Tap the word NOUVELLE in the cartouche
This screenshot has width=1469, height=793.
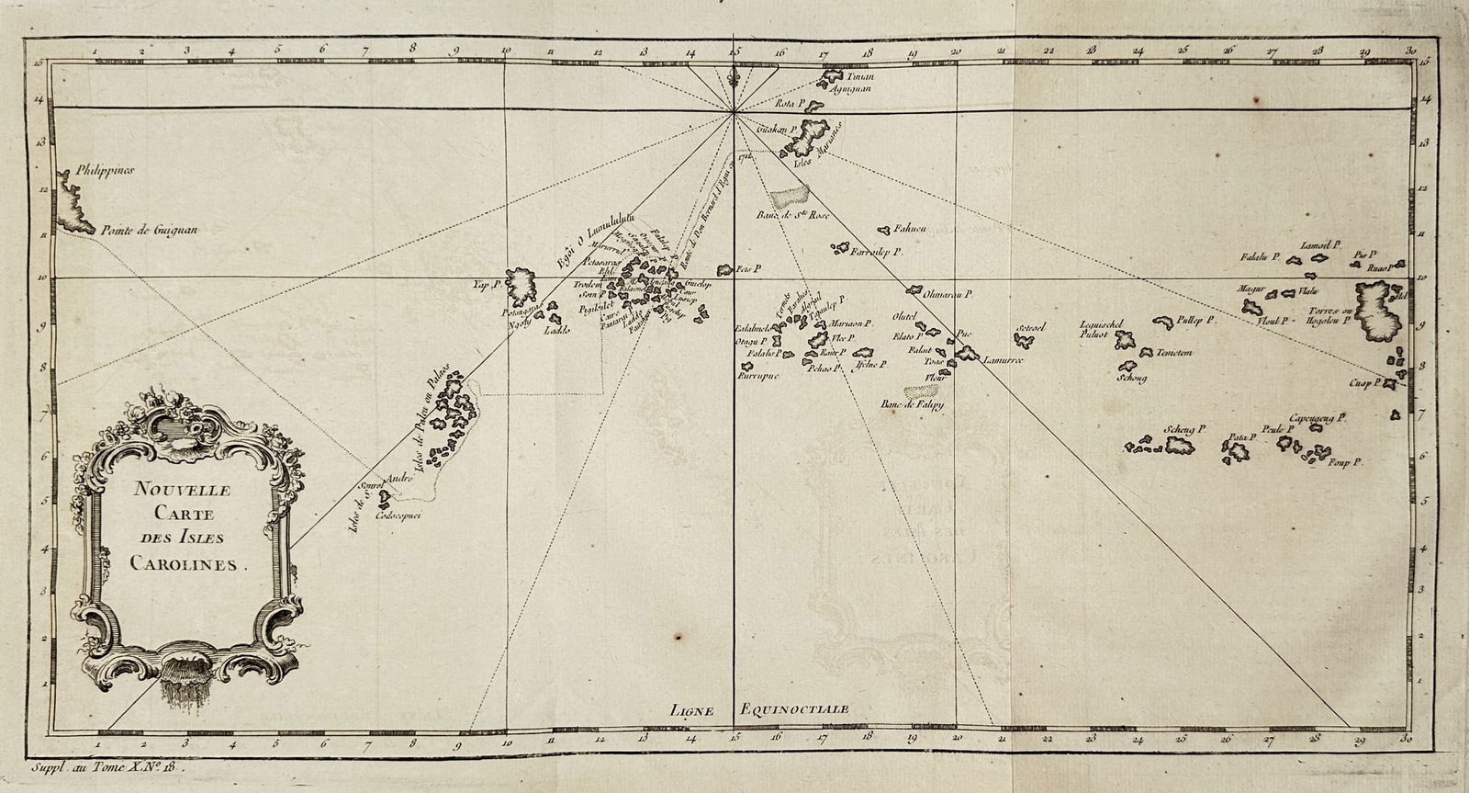click(x=172, y=491)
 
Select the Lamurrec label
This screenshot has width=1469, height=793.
click(x=1003, y=360)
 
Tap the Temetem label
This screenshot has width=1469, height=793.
click(x=1174, y=353)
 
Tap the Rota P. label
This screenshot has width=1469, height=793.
click(x=791, y=104)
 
